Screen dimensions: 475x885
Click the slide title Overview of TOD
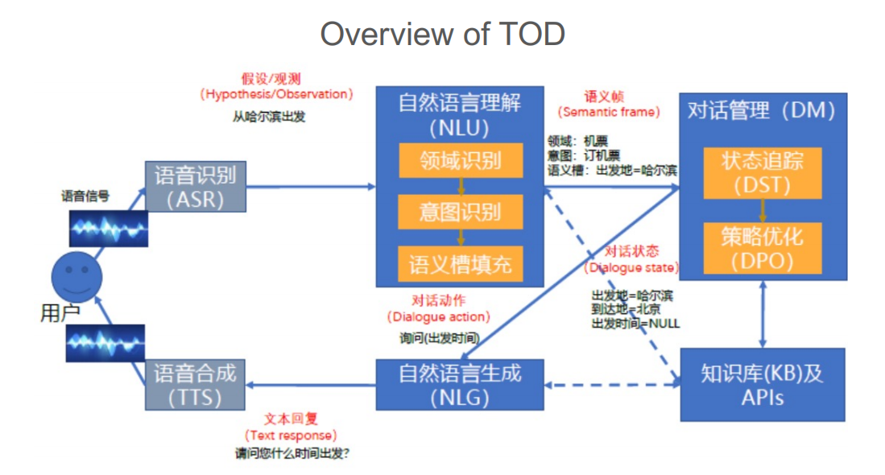tap(442, 35)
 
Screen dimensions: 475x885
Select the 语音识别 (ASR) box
tap(195, 187)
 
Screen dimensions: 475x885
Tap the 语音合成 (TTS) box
tap(195, 385)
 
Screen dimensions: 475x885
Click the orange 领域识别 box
tap(460, 160)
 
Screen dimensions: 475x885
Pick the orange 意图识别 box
tap(460, 212)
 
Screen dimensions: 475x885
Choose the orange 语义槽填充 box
tap(460, 263)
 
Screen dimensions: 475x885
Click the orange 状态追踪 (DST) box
tap(762, 172)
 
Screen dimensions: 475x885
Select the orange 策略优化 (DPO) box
tap(762, 248)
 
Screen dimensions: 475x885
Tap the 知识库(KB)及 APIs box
tap(762, 385)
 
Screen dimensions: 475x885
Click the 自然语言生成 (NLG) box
tap(460, 385)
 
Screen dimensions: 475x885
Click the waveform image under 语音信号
tap(106, 228)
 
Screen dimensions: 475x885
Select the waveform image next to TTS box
tap(105, 343)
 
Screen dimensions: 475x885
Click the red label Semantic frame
tap(609, 112)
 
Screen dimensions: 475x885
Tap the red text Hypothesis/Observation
tap(276, 94)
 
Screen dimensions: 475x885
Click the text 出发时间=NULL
tap(635, 324)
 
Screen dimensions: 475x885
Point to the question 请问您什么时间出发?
tap(292, 454)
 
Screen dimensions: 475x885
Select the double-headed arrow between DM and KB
tap(762, 317)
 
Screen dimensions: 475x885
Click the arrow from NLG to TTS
tap(310, 385)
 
